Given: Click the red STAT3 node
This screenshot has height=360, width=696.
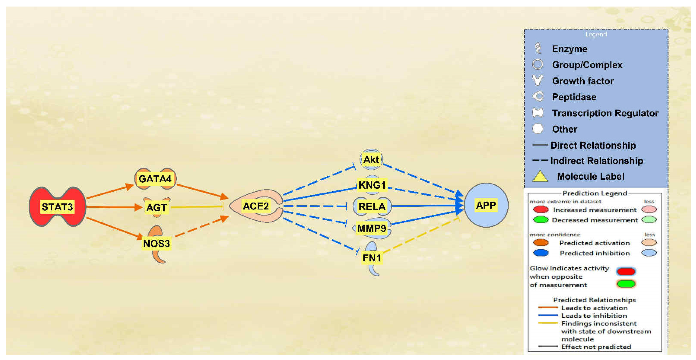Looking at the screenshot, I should (x=57, y=207).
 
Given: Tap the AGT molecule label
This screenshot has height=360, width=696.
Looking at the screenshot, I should (x=156, y=207).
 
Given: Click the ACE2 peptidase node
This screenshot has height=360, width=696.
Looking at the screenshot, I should (x=256, y=206).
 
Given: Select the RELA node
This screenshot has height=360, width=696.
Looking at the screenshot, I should (x=372, y=206).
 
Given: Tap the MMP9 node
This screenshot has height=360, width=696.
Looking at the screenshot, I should (x=372, y=228).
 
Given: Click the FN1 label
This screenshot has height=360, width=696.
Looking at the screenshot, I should (x=372, y=258).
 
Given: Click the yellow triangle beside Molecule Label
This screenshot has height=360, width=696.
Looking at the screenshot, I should (x=540, y=176).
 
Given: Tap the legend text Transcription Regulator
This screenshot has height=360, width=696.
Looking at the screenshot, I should (x=605, y=113).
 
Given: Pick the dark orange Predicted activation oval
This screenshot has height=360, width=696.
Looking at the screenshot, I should (x=541, y=243).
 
